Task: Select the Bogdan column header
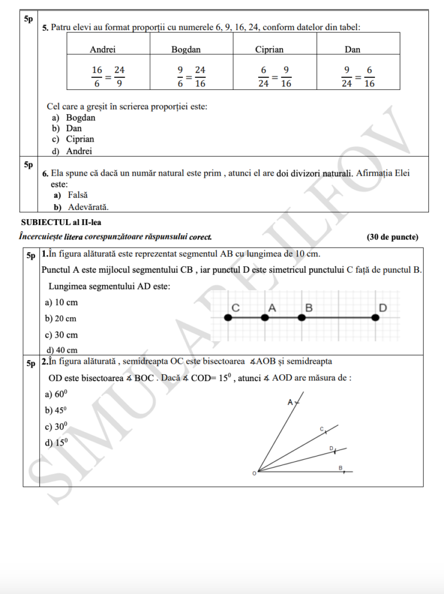pos(186,49)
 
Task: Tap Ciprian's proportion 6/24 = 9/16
pos(275,77)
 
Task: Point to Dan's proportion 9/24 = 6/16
pos(358,77)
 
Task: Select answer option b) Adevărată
pos(82,207)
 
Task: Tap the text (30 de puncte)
pos(392,237)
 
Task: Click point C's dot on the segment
pos(228,317)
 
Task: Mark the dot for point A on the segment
pos(265,317)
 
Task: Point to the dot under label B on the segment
pos(301,317)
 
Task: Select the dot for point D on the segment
pos(376,317)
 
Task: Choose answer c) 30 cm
pos(61,335)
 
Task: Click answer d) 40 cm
pos(61,350)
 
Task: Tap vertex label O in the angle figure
pos(254,474)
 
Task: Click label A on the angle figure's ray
pos(290,402)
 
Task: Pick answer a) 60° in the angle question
pos(56,394)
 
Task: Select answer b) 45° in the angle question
pos(56,410)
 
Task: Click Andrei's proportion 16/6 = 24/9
pos(109,77)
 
